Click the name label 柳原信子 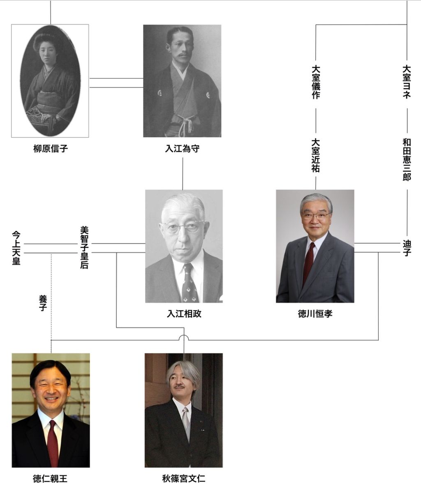point(50,149)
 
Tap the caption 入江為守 point(182,149)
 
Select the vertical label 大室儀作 point(316,82)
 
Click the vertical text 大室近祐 point(316,155)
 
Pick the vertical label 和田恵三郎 point(407,159)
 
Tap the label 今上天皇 point(16,248)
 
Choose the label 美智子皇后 point(84,248)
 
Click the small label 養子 point(42,302)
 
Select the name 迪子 point(407,248)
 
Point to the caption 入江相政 point(184,314)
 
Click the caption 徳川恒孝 point(315,314)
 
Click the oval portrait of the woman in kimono point(50,80)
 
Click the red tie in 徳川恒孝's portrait point(308,263)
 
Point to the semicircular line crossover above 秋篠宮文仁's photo point(184,337)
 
